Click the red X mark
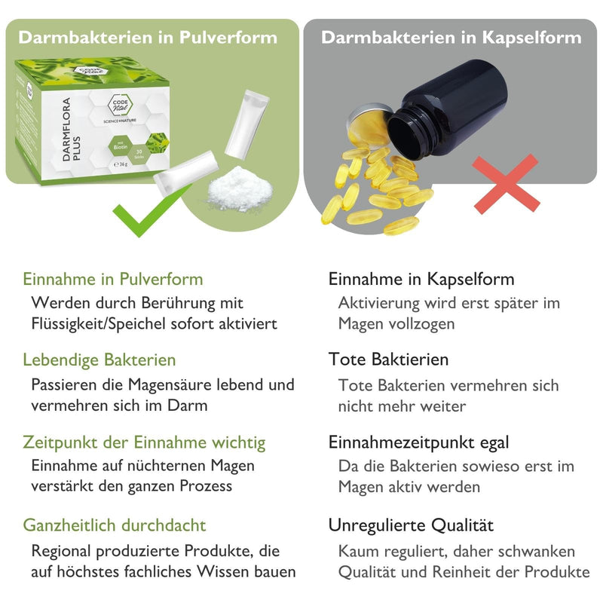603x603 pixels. point(506,184)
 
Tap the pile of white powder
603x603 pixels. point(240,189)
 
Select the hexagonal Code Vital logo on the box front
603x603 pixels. point(121,105)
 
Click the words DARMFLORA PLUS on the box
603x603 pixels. point(71,129)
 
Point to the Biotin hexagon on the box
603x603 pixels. point(121,146)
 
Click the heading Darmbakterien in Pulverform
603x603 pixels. point(148,38)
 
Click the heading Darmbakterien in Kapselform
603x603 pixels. point(451,38)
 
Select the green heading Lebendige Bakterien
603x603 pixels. point(99,360)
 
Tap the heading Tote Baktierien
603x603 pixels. point(388,360)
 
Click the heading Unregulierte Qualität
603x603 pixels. point(411,525)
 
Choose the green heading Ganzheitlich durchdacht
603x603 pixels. point(115,525)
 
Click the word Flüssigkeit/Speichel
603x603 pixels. point(99,324)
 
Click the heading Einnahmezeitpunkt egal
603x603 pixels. point(418,442)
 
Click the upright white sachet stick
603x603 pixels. point(246,124)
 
